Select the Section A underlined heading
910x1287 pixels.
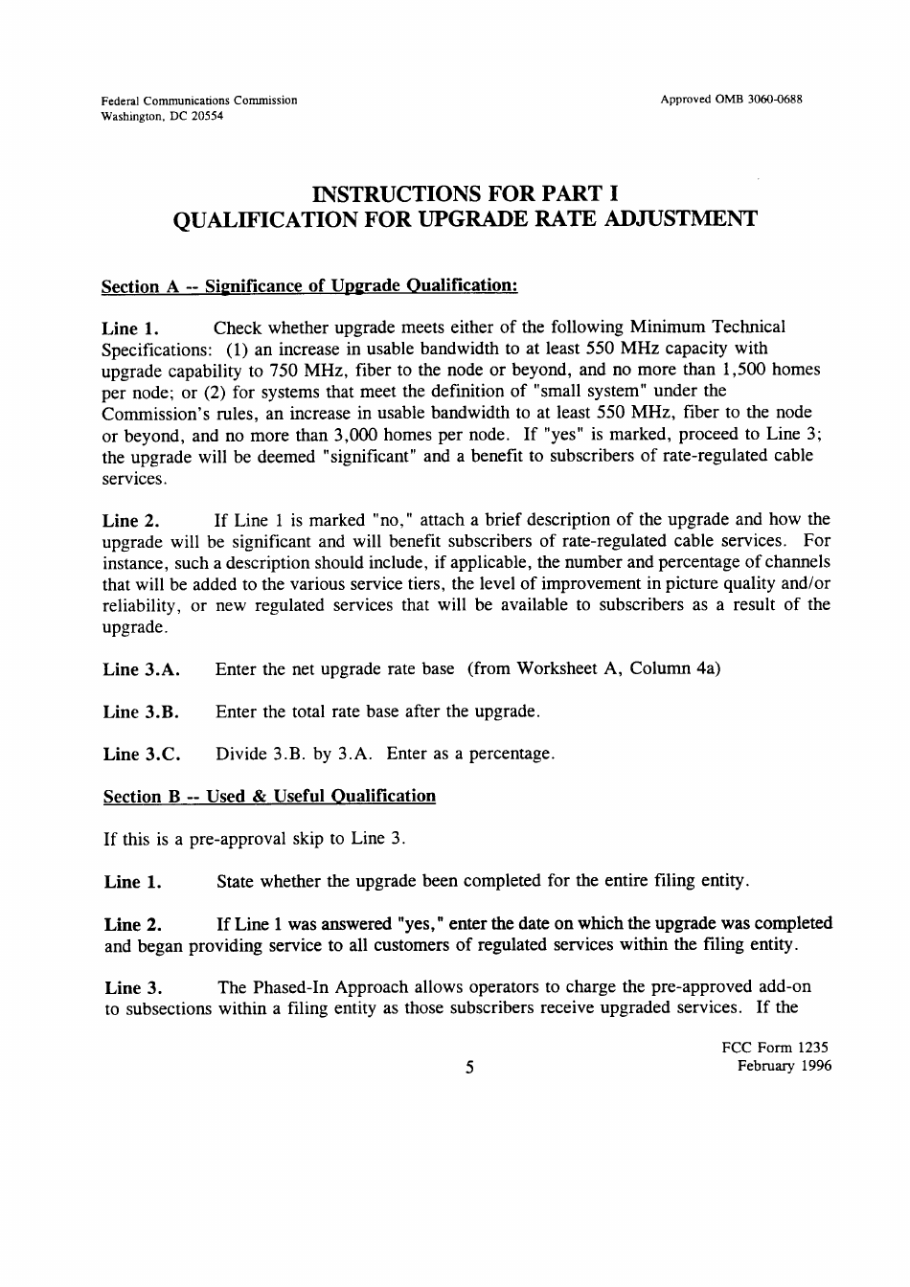[x=309, y=285]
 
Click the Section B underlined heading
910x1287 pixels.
[x=269, y=796]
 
